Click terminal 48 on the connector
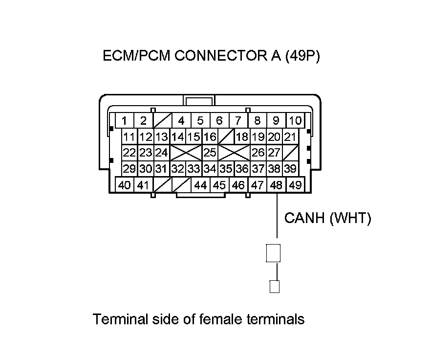[277, 185]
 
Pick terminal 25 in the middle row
[210, 153]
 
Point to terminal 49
[295, 185]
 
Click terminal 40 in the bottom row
[125, 185]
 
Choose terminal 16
[210, 137]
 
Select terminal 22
[129, 153]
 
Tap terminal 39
[290, 169]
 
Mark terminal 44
[200, 185]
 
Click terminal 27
[274, 153]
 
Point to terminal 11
[129, 137]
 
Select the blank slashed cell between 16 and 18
[226, 137]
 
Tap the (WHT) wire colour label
[350, 218]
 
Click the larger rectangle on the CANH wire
[273, 253]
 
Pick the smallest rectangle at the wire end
[275, 286]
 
